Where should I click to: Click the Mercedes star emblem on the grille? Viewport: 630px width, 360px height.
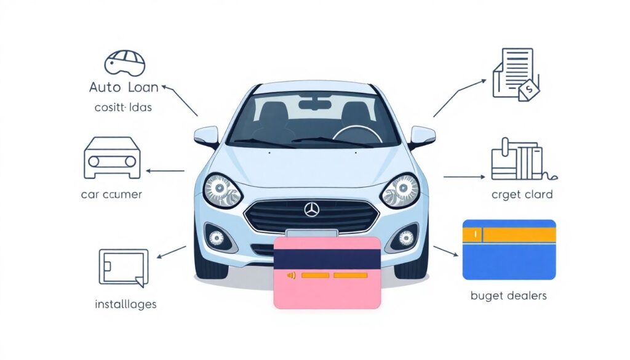(312, 210)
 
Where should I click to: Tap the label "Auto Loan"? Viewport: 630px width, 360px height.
(124, 87)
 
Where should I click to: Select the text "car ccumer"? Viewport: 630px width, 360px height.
(111, 194)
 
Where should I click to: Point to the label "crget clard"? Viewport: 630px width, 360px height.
(522, 194)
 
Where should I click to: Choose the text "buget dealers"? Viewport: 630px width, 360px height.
(508, 296)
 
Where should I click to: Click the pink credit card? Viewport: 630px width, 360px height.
(327, 272)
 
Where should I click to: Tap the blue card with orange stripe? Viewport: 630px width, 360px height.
(509, 250)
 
